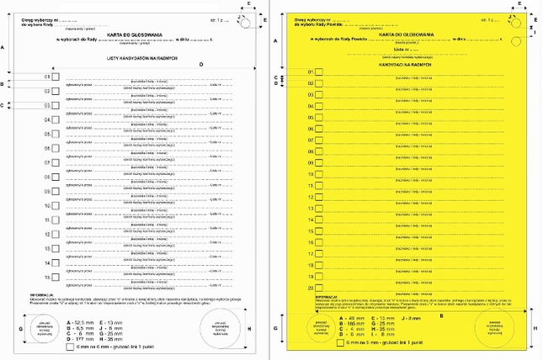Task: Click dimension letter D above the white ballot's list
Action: [201, 65]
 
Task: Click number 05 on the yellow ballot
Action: [311, 118]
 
